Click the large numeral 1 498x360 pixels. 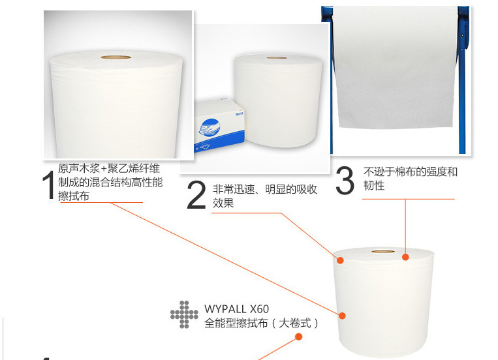(48, 185)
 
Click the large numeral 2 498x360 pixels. (196, 194)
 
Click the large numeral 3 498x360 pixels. (345, 180)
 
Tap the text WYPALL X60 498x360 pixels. (237, 309)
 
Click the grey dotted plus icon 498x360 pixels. (184, 314)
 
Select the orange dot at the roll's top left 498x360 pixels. (340, 260)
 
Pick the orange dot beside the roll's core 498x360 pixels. (405, 257)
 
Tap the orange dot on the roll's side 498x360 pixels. (342, 316)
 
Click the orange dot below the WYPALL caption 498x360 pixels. (298, 337)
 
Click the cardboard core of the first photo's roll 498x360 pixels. (116, 57)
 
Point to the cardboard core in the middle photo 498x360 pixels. (277, 58)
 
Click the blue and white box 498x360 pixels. (219, 125)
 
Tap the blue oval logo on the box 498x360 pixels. (210, 127)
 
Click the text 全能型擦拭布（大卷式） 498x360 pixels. (261, 323)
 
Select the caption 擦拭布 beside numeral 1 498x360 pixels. (74, 196)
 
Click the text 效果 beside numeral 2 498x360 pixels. (223, 203)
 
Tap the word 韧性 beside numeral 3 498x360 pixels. (374, 185)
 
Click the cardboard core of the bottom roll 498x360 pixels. (383, 252)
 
